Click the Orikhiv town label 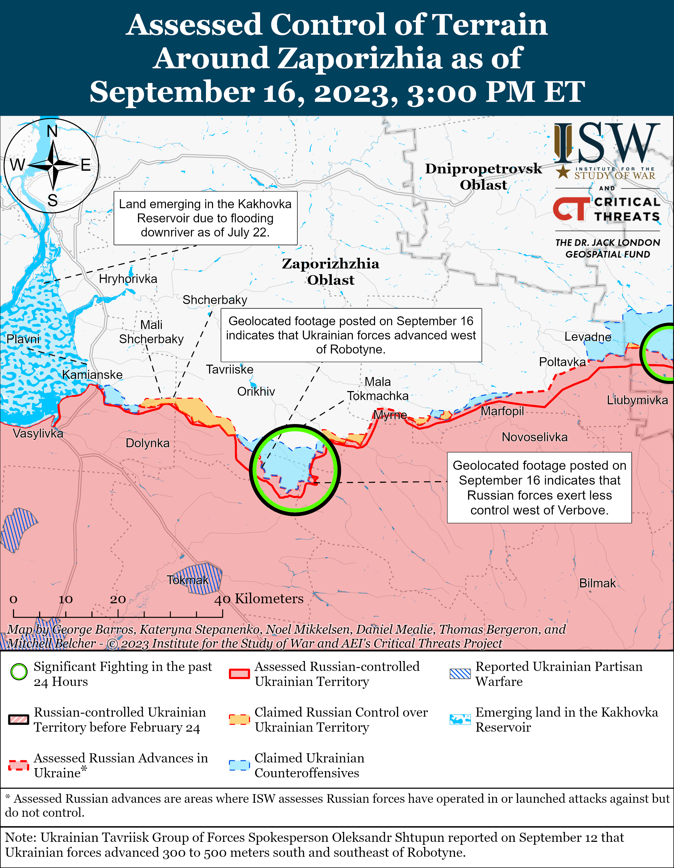pos(256,392)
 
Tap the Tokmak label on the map pos(188,580)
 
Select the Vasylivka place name pos(38,433)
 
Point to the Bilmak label pos(597,583)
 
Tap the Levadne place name pos(588,337)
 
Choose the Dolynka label pos(147,443)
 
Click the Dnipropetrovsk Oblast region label pos(483,177)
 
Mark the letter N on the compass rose pos(52,131)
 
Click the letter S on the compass pos(53,200)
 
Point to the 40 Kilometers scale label pos(259,598)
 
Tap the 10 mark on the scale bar pos(65,599)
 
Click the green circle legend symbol pos(19,672)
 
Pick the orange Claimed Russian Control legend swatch pos(239,719)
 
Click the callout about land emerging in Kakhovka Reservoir pos(205,218)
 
